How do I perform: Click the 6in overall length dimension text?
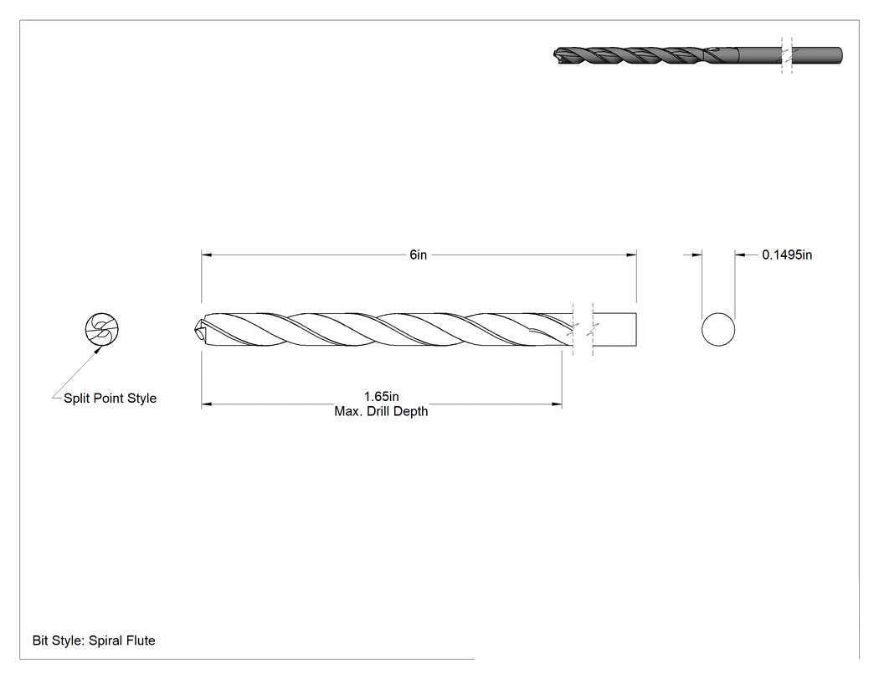[419, 255]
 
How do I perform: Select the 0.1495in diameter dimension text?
[787, 255]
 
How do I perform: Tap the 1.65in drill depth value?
[381, 397]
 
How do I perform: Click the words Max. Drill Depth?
[381, 412]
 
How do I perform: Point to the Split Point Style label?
[110, 399]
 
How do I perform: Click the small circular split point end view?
[102, 329]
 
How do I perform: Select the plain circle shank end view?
[718, 330]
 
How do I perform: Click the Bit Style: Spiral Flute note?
[94, 640]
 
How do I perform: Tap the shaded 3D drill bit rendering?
[697, 55]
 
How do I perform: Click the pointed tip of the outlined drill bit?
[194, 330]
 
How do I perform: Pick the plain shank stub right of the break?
[614, 330]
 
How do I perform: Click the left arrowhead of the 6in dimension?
[206, 255]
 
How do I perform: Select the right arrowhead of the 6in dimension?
[632, 255]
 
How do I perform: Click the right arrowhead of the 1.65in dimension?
[557, 404]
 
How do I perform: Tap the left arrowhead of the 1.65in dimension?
[206, 404]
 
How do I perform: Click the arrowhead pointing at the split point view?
[98, 350]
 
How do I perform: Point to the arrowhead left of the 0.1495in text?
[740, 255]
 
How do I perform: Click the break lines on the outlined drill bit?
[583, 330]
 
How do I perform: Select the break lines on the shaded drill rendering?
[787, 55]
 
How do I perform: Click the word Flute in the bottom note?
[140, 640]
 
